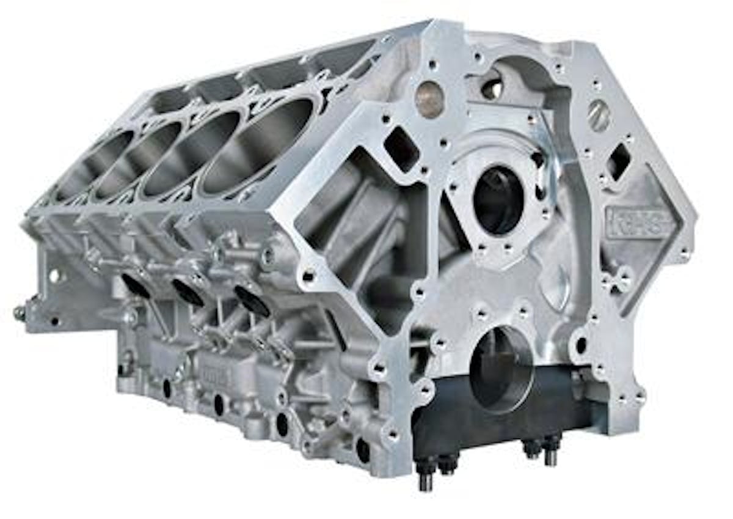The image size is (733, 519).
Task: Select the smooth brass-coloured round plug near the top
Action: tap(429, 99)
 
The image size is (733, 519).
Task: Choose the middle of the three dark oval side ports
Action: tap(188, 292)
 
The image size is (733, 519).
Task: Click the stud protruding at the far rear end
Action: tap(20, 312)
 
